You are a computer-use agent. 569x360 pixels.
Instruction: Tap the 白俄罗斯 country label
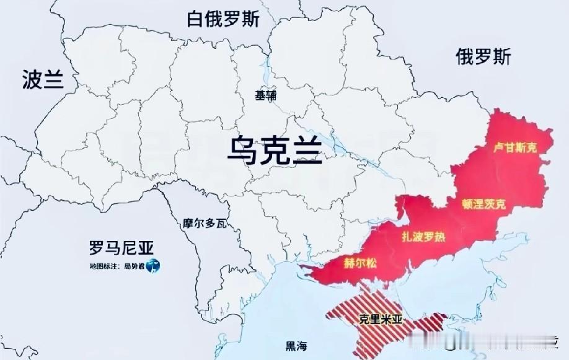click(x=223, y=19)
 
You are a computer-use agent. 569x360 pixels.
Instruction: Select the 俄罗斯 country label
click(x=483, y=57)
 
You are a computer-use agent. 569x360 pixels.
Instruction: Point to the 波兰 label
click(x=43, y=79)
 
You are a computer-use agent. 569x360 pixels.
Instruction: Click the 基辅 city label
click(x=267, y=95)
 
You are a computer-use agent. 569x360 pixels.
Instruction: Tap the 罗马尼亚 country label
click(x=121, y=248)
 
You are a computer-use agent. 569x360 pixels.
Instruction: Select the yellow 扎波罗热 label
click(x=423, y=237)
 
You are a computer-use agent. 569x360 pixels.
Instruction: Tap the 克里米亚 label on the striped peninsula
click(x=381, y=320)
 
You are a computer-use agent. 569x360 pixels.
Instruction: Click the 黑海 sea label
click(x=296, y=346)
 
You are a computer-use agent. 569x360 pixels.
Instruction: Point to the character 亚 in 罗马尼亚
click(x=146, y=248)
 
